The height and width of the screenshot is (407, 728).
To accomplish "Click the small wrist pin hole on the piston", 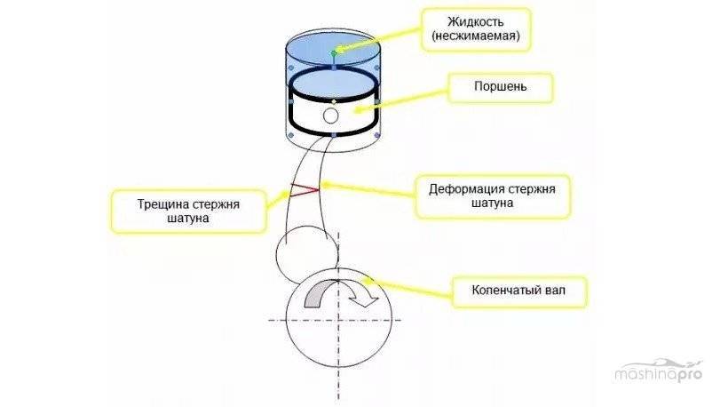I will pos(331,116).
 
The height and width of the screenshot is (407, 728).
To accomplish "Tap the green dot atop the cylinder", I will pos(334,53).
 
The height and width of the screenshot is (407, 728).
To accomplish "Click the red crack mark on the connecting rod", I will pos(305,188).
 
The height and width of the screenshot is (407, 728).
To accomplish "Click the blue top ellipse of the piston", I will pos(334,84).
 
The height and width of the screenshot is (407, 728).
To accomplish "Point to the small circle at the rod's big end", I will pos(303,250).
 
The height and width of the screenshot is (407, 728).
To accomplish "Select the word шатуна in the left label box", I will pos(188,218).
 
